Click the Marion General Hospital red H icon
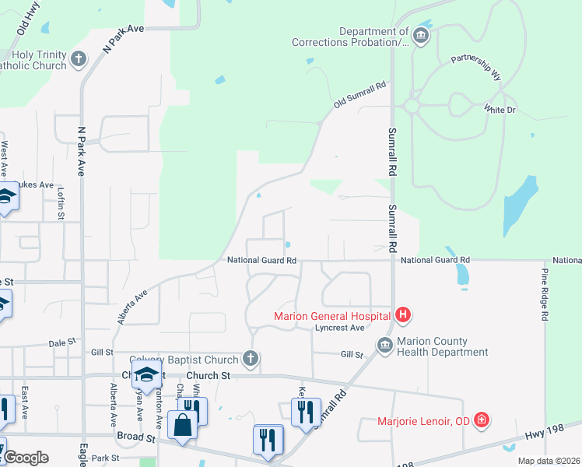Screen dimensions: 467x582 coord(403,315)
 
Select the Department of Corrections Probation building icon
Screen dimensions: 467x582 coord(420,36)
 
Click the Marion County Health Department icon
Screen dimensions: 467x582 coord(384,346)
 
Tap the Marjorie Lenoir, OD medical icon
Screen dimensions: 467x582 coord(482,421)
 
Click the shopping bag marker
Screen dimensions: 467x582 coord(182,426)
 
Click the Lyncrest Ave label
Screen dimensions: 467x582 coord(340,328)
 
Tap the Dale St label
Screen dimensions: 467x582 coord(61,342)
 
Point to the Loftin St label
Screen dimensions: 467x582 coord(60,204)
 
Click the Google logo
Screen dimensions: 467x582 coord(26,457)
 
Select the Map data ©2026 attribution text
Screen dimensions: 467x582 coord(549,461)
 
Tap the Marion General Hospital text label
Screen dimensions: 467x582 coord(334,315)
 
